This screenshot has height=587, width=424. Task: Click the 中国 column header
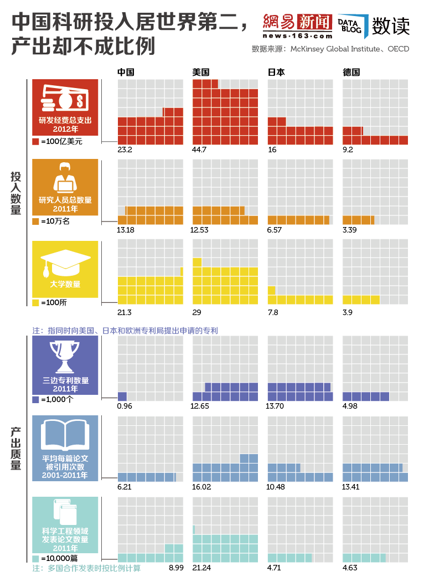126,72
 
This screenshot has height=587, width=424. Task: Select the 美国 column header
201,72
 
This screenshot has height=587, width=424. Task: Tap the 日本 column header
276,72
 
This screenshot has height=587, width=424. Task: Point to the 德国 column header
351,72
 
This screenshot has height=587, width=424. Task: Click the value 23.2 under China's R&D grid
125,150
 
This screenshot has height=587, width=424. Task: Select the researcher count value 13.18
126,230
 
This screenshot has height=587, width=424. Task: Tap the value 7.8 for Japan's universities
273,312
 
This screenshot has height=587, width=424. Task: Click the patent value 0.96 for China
125,406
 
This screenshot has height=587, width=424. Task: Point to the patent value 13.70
277,406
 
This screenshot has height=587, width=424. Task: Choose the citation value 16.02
202,487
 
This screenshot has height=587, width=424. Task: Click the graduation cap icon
65,260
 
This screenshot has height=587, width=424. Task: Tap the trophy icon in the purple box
65,354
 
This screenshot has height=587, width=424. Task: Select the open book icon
65,435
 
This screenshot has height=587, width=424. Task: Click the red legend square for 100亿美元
36,142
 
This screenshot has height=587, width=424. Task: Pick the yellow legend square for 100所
36,303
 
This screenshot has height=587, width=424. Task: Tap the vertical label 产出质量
15,449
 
